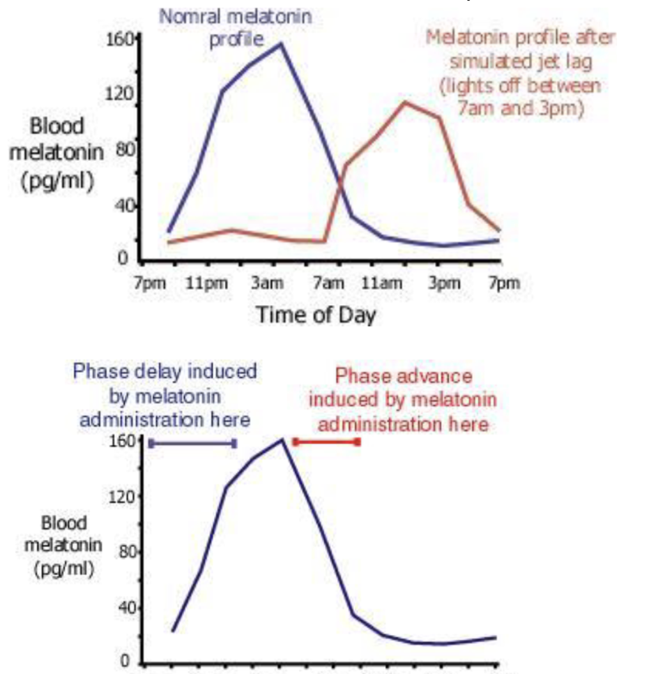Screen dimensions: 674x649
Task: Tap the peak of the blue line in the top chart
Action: (280, 44)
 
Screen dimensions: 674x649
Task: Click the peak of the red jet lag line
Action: (404, 102)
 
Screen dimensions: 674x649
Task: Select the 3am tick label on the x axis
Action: (263, 283)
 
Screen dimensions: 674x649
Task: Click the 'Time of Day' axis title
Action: (316, 314)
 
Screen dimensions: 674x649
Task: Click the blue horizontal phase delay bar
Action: (192, 443)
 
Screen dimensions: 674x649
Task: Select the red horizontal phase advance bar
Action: (326, 442)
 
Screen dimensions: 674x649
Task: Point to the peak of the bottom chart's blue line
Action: (282, 439)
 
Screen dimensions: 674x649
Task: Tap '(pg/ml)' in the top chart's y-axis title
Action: (57, 181)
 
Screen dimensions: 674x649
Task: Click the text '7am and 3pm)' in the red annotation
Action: (521, 109)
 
